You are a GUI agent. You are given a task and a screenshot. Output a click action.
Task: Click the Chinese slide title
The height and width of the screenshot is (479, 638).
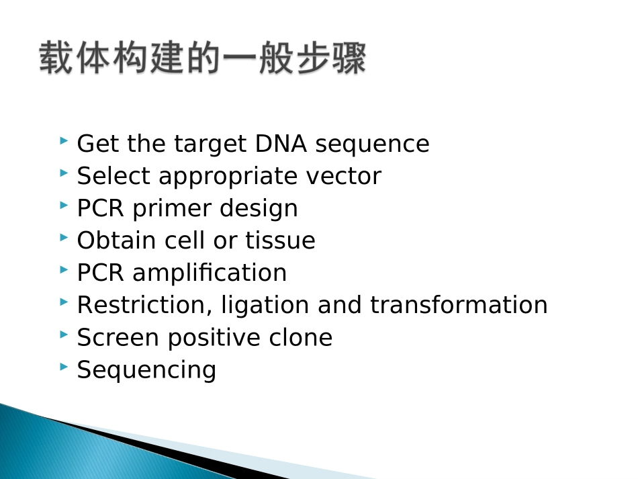point(202,58)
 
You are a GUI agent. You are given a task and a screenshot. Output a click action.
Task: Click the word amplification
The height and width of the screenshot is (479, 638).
point(210,273)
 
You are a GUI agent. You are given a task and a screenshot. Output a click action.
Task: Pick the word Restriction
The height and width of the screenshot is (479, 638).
point(139,305)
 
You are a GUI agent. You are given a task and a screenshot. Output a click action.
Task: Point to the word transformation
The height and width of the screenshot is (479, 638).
point(459,305)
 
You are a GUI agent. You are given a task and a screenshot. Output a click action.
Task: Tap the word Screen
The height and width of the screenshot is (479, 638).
point(118,337)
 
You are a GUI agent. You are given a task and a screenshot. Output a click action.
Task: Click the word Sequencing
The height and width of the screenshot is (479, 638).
point(146,370)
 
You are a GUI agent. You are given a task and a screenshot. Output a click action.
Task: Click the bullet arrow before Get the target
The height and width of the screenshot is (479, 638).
point(64,141)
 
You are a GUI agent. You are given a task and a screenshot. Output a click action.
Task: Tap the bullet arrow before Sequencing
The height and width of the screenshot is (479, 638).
point(64,367)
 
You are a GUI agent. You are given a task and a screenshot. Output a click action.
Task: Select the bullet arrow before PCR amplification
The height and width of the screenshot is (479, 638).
point(64,270)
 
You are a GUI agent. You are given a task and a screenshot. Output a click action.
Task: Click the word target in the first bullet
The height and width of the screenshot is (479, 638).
point(211,144)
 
